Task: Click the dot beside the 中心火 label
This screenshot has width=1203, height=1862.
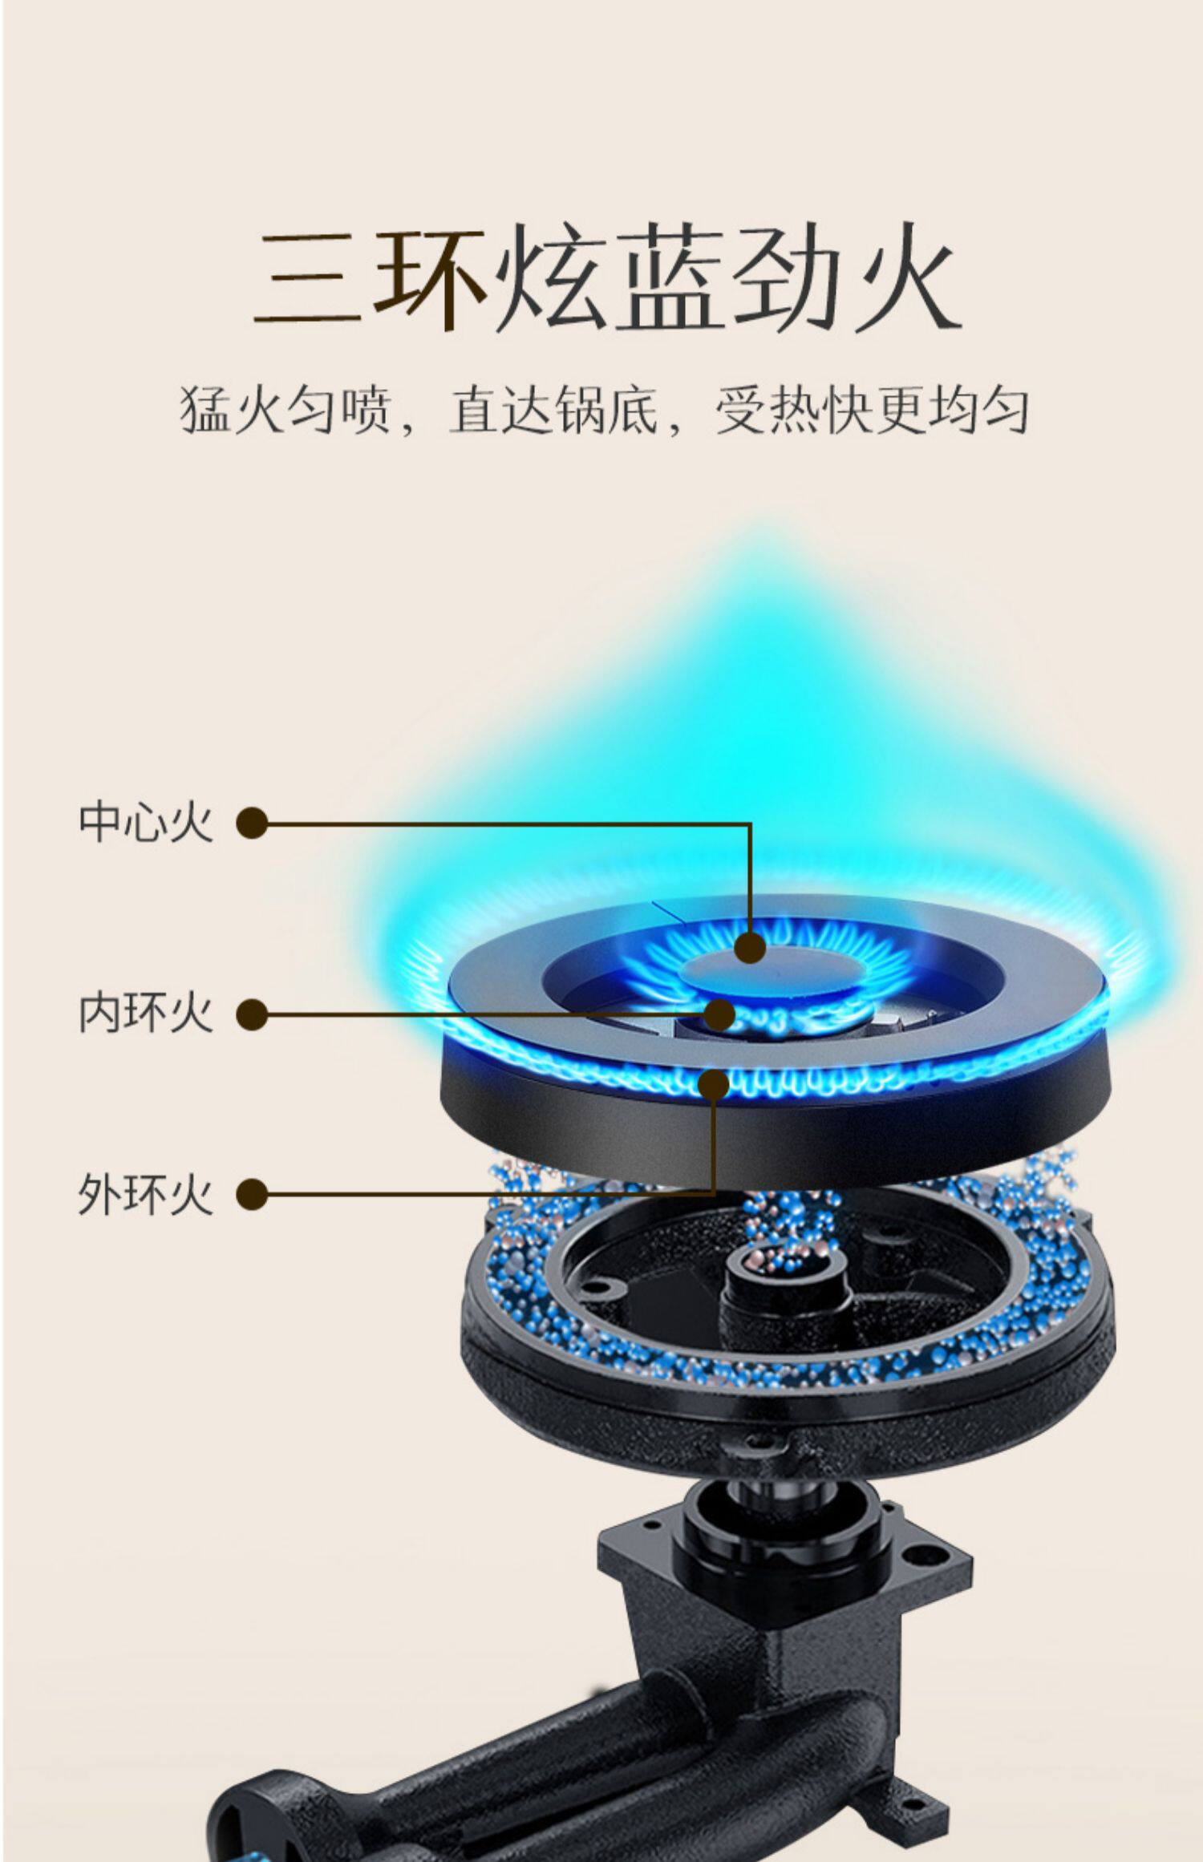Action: tap(252, 823)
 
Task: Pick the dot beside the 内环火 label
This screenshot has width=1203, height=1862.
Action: tap(252, 1014)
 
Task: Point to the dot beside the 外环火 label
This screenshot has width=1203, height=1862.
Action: tap(252, 1194)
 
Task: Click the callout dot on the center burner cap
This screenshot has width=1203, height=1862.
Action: tap(751, 948)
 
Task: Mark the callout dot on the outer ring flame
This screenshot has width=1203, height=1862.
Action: tap(714, 1083)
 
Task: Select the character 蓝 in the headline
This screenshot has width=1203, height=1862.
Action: tap(670, 277)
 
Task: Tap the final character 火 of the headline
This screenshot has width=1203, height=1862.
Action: tap(907, 277)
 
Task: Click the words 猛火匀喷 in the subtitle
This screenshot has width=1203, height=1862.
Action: tap(285, 411)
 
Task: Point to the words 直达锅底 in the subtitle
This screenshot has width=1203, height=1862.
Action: tap(553, 411)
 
